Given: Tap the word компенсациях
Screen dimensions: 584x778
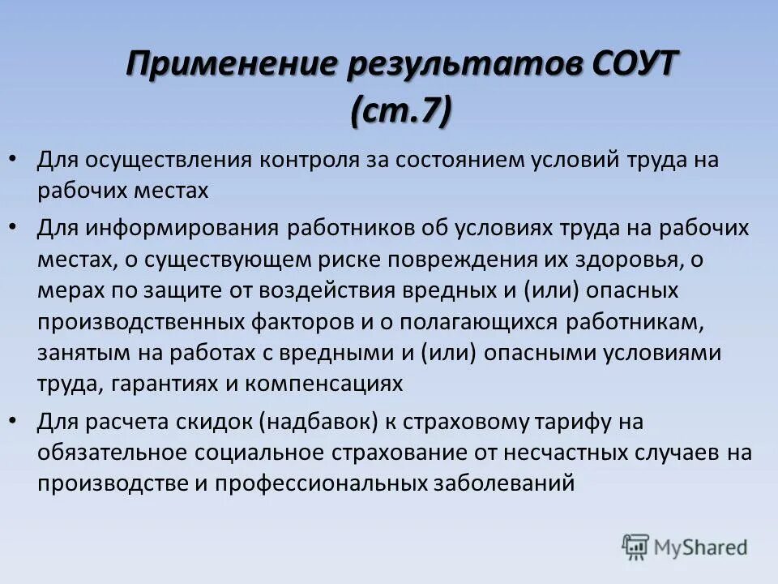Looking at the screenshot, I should [335, 383].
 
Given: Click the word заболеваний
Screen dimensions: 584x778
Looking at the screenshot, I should [503, 483].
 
